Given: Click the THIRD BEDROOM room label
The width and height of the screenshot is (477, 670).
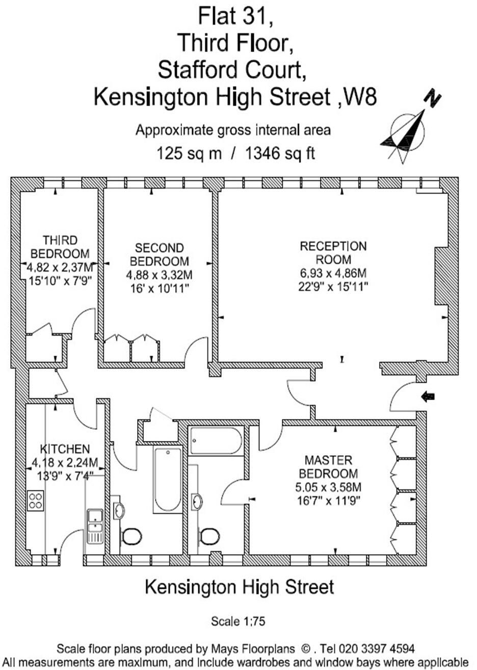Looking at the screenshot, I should point(60,246).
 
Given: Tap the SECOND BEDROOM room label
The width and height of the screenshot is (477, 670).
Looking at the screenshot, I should point(159,255).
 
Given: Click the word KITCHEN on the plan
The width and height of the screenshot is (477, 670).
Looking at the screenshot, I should point(65,450).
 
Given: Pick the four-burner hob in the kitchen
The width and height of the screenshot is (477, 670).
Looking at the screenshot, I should point(36,500).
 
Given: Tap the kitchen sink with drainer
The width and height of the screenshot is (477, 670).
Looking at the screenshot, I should point(95,526).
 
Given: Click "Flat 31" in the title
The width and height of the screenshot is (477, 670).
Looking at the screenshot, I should point(235,16).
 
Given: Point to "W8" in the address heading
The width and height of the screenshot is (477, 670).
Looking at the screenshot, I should point(360,96).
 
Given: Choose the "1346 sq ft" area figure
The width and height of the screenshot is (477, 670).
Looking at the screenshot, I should point(280,153).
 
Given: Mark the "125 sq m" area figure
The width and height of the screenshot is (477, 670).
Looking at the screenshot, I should point(190,153).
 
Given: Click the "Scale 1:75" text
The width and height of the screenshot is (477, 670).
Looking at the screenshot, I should point(238,622).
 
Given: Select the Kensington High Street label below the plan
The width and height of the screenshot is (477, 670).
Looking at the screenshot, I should point(240,587).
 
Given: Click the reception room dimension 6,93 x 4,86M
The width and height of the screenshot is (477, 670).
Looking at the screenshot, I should point(333,274).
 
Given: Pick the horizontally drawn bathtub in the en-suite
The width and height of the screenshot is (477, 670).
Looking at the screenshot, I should point(216,441).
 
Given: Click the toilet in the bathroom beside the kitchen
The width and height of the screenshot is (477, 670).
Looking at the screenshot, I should point(131,536).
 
